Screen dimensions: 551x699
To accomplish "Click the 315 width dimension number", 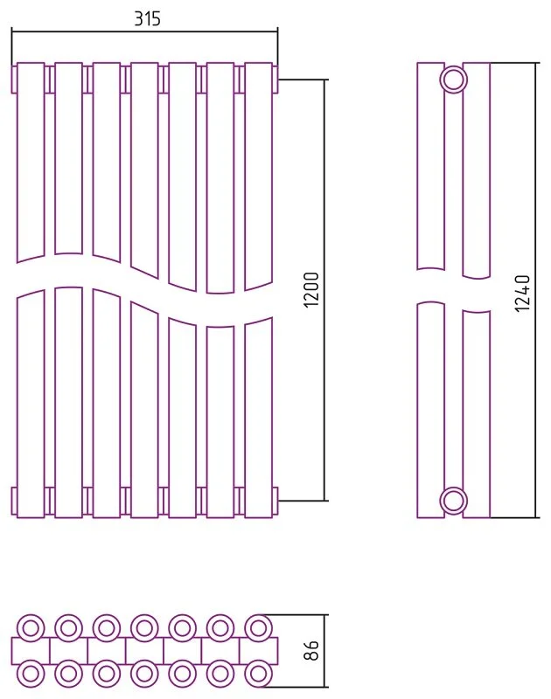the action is (147, 18).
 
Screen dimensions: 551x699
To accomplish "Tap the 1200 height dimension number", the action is (311, 289).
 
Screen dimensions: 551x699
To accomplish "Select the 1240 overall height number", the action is (522, 293).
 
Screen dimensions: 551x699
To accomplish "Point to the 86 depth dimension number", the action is (311, 650).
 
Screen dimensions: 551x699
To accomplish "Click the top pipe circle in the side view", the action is (454, 80).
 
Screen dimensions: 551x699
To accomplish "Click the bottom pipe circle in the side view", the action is (454, 501).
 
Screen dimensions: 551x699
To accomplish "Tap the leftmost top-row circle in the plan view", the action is (31, 628).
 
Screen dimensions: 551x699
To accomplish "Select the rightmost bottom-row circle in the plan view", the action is (257, 673).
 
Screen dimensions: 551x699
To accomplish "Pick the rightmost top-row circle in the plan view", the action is (257, 628).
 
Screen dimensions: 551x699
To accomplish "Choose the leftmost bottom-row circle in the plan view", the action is (31, 673).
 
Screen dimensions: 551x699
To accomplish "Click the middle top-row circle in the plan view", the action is (144, 628).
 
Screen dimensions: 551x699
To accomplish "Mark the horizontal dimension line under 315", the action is (144, 32).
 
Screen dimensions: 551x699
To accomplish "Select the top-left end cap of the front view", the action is (14, 80).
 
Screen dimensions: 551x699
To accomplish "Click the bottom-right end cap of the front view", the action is (275, 501).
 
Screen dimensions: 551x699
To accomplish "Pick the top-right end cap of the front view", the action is (275, 80).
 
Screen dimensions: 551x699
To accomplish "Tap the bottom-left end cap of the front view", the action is (14, 501).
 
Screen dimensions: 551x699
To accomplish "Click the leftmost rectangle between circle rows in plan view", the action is (31, 650).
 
